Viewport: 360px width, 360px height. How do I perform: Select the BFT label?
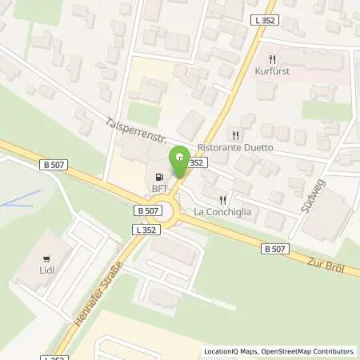point(161,190)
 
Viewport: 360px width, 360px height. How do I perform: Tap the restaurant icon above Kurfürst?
point(273,58)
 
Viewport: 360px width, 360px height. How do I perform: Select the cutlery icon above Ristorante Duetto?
point(235,135)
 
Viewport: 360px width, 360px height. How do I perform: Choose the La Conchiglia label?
point(223,212)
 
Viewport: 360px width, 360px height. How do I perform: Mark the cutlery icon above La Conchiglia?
point(223,200)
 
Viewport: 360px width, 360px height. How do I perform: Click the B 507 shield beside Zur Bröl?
point(273,250)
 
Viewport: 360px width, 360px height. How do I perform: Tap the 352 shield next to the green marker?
point(198,162)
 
